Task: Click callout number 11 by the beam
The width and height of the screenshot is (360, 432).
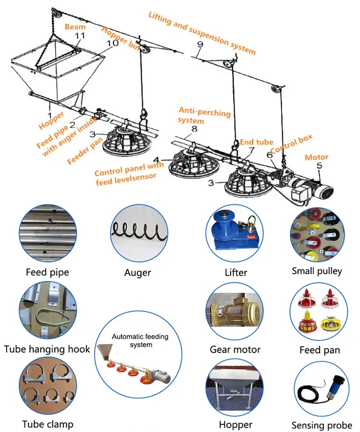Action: click(x=80, y=36)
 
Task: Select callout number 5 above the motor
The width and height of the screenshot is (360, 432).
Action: click(x=319, y=166)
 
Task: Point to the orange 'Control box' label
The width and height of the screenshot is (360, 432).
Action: click(x=291, y=144)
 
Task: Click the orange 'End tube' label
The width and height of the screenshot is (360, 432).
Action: click(x=256, y=142)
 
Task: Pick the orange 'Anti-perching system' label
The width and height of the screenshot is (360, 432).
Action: click(x=204, y=115)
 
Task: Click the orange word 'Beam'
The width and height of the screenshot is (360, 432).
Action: click(x=75, y=27)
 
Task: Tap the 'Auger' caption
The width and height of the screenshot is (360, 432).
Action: click(x=137, y=273)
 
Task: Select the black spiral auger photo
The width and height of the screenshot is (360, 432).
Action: click(x=139, y=230)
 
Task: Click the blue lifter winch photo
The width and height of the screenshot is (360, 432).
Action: click(x=234, y=232)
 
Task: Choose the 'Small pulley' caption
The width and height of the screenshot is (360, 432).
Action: click(x=317, y=271)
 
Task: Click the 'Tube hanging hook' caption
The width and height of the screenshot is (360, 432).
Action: click(x=47, y=349)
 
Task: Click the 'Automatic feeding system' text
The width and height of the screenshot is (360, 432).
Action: click(x=140, y=340)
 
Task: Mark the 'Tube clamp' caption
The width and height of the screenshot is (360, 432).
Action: click(x=48, y=424)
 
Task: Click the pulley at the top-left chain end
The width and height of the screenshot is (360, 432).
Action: click(x=57, y=14)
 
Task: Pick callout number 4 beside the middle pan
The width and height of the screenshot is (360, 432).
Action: click(x=156, y=160)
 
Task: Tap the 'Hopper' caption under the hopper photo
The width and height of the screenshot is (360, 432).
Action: click(x=236, y=425)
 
